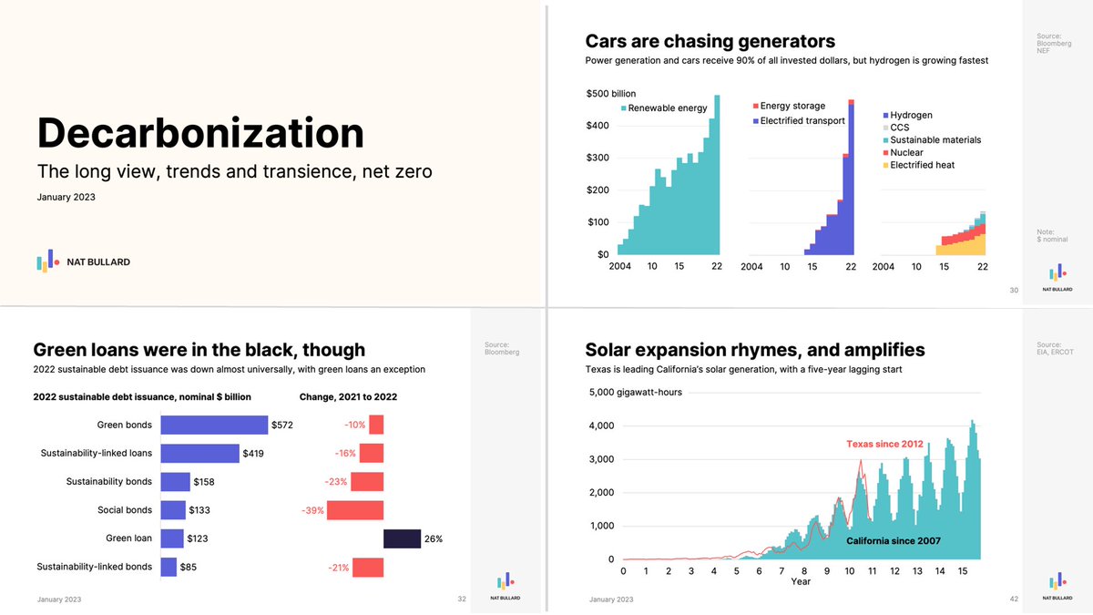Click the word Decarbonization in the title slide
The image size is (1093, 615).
[200, 133]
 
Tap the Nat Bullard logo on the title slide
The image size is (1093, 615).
[83, 261]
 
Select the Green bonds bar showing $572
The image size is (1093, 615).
[214, 425]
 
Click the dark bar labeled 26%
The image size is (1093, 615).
[402, 538]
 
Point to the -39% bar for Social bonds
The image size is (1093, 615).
[355, 510]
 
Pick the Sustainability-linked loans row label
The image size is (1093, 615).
[97, 453]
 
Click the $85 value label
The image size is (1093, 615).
[189, 567]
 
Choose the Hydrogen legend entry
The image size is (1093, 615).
[910, 116]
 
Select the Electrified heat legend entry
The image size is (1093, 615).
[922, 165]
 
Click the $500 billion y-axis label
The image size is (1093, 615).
[611, 94]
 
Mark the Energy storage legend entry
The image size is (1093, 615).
[792, 107]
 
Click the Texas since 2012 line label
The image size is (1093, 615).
[884, 445]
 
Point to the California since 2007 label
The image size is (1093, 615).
[893, 541]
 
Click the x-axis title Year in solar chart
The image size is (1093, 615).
[801, 582]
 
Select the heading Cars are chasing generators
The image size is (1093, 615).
[710, 41]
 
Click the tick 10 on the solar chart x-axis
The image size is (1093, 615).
[849, 571]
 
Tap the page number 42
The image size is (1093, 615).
[1014, 599]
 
